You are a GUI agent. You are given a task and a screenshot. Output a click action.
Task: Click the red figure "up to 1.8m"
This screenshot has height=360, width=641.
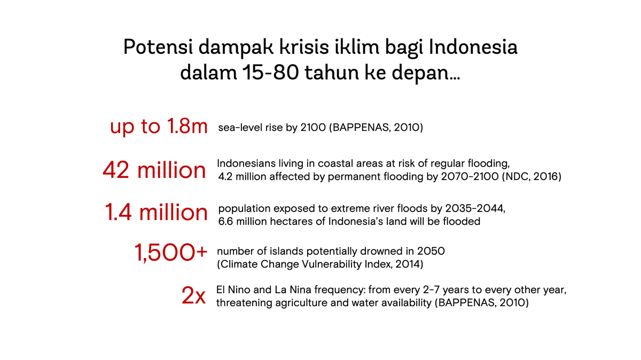pos(158,127)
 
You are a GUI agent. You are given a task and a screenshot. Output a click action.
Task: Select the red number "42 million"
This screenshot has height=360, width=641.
pos(154,170)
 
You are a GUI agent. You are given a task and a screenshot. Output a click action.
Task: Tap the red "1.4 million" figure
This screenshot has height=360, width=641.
pos(156,213)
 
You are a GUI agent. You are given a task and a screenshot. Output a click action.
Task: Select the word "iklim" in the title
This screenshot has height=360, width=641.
pos(356,48)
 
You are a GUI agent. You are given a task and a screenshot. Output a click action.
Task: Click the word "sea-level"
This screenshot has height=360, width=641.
pos(239,128)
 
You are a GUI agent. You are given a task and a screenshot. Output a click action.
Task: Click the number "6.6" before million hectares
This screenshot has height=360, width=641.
pos(226,221)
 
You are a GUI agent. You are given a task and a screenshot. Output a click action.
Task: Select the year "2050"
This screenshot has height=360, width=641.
pos(432,251)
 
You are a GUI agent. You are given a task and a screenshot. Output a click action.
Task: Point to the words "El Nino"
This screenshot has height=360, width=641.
pos(233,290)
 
